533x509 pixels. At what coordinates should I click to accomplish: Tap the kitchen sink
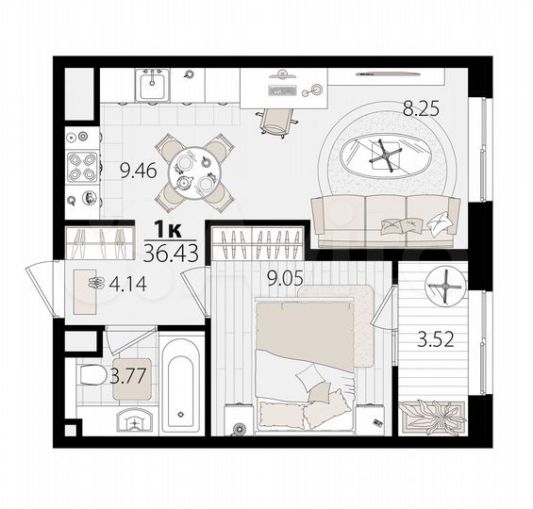[x=151, y=87]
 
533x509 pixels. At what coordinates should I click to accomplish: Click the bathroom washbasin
[x=130, y=419]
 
